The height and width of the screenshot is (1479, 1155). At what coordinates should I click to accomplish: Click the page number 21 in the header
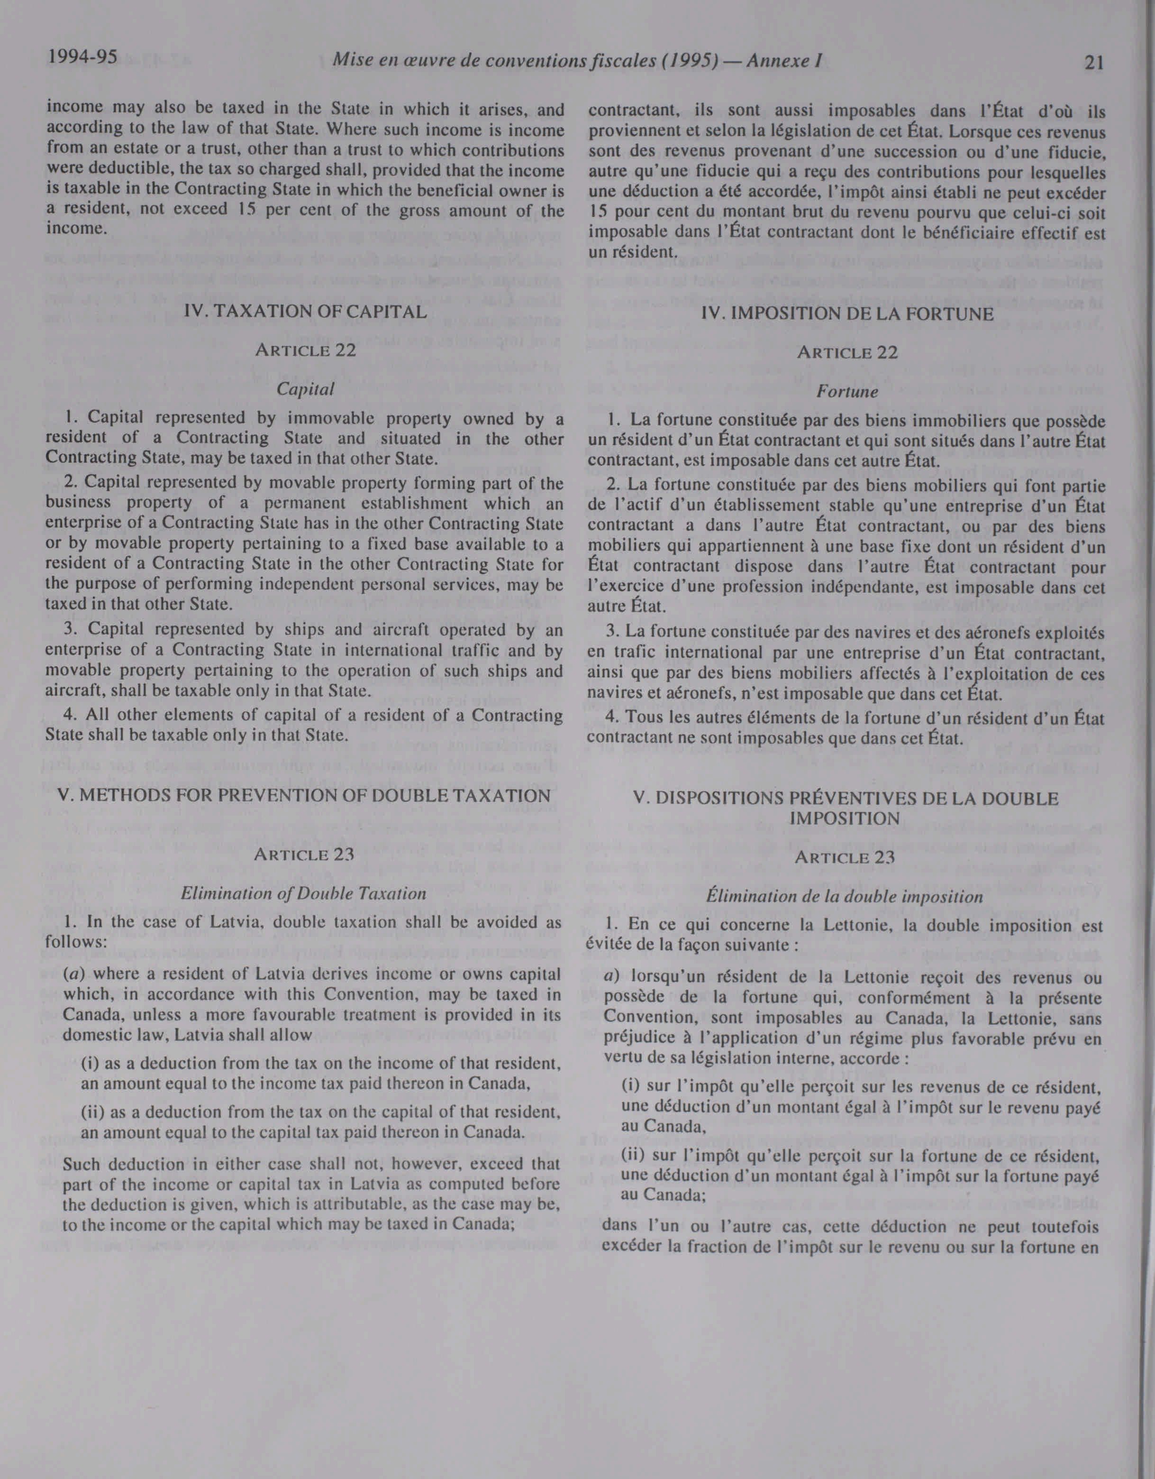1094,63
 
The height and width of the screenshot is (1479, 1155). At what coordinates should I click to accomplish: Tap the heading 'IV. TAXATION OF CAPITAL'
305,312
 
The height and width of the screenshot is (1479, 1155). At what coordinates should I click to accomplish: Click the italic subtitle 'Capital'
305,390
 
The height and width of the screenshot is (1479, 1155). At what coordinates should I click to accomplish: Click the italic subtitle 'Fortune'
847,392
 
